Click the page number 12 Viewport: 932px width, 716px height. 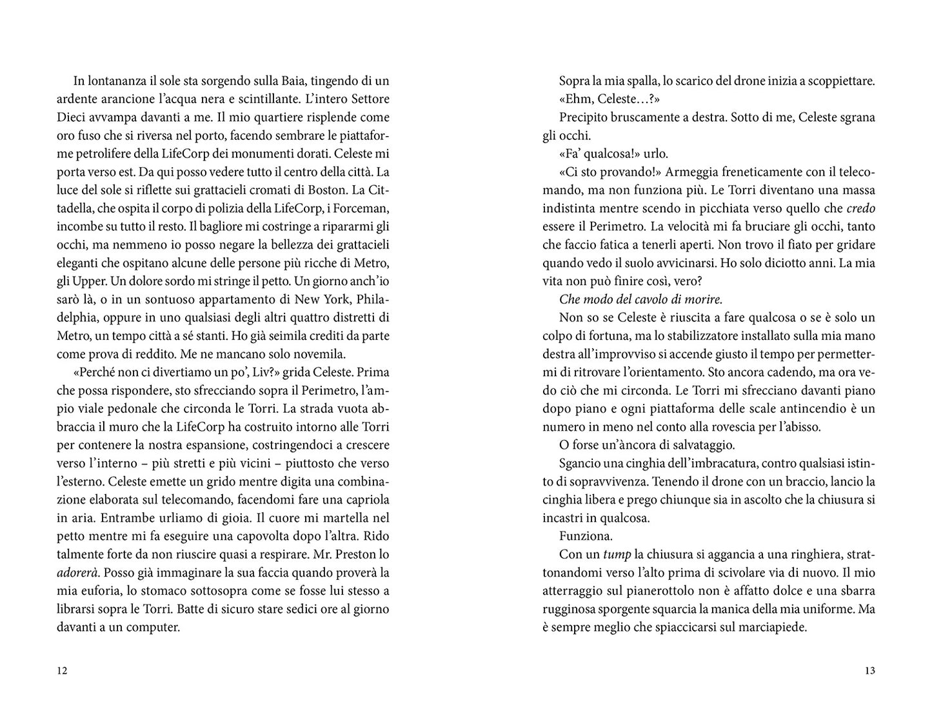tap(62, 670)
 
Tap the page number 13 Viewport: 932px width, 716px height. tap(869, 670)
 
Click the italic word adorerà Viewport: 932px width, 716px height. tap(78, 572)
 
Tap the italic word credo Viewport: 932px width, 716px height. tap(860, 208)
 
